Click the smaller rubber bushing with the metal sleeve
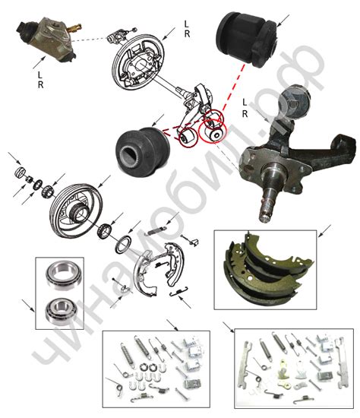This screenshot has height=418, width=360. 143,151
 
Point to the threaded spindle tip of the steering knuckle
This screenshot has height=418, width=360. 265,213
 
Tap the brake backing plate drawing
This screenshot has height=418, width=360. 137,62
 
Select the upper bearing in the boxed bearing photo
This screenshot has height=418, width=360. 64,274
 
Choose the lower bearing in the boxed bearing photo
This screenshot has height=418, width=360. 62,312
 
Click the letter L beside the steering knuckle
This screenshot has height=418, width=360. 245,102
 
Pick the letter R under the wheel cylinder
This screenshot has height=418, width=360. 40,84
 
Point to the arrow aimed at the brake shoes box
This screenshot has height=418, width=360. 324,231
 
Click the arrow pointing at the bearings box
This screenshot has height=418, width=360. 28,306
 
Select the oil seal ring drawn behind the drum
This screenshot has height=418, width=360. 123,244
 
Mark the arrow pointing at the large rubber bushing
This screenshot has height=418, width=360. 283,21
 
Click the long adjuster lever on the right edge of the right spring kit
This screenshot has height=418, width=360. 343,363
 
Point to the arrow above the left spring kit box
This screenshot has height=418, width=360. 172,325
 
